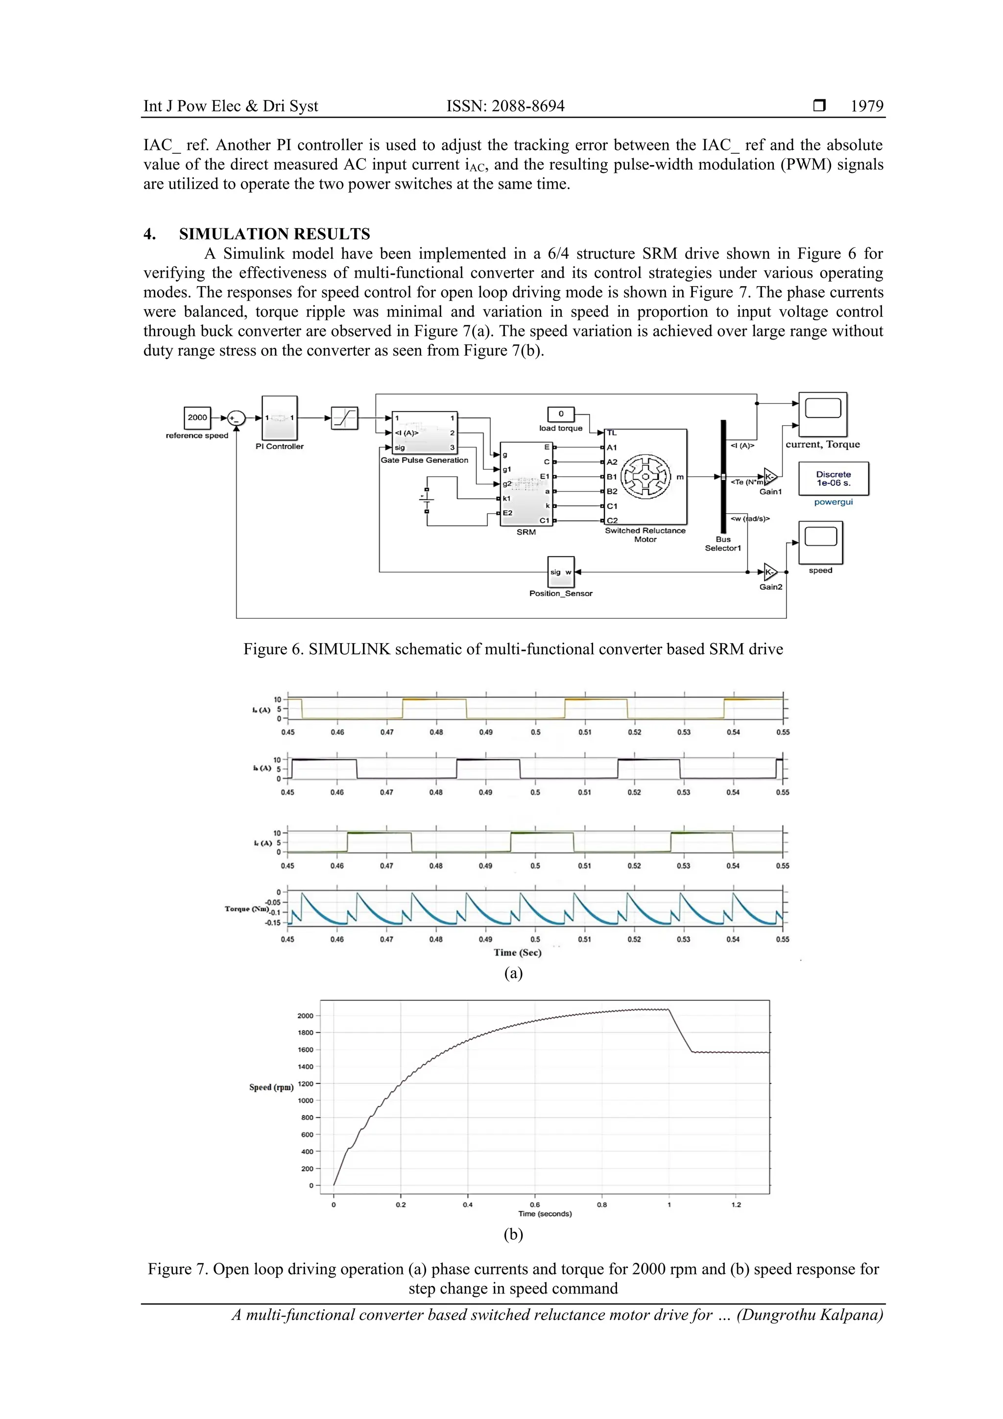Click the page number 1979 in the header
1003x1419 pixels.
point(866,106)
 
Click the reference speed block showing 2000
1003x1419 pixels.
point(197,418)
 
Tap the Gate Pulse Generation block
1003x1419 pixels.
point(424,432)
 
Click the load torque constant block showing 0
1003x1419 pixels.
point(561,414)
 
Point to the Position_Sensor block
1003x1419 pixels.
point(561,572)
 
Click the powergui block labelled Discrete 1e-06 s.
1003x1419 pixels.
point(833,479)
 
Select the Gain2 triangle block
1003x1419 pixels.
point(770,572)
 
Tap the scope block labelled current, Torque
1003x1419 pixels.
point(823,413)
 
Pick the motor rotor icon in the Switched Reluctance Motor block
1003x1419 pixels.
point(645,477)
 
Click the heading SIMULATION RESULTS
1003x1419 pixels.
point(274,234)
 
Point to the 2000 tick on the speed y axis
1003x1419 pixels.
point(305,1015)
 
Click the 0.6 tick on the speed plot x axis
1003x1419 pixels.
point(535,1204)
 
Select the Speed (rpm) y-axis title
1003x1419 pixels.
point(271,1087)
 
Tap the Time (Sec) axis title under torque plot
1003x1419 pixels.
point(517,952)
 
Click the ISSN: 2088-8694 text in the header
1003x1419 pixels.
point(505,106)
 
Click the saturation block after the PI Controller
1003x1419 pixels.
point(345,418)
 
